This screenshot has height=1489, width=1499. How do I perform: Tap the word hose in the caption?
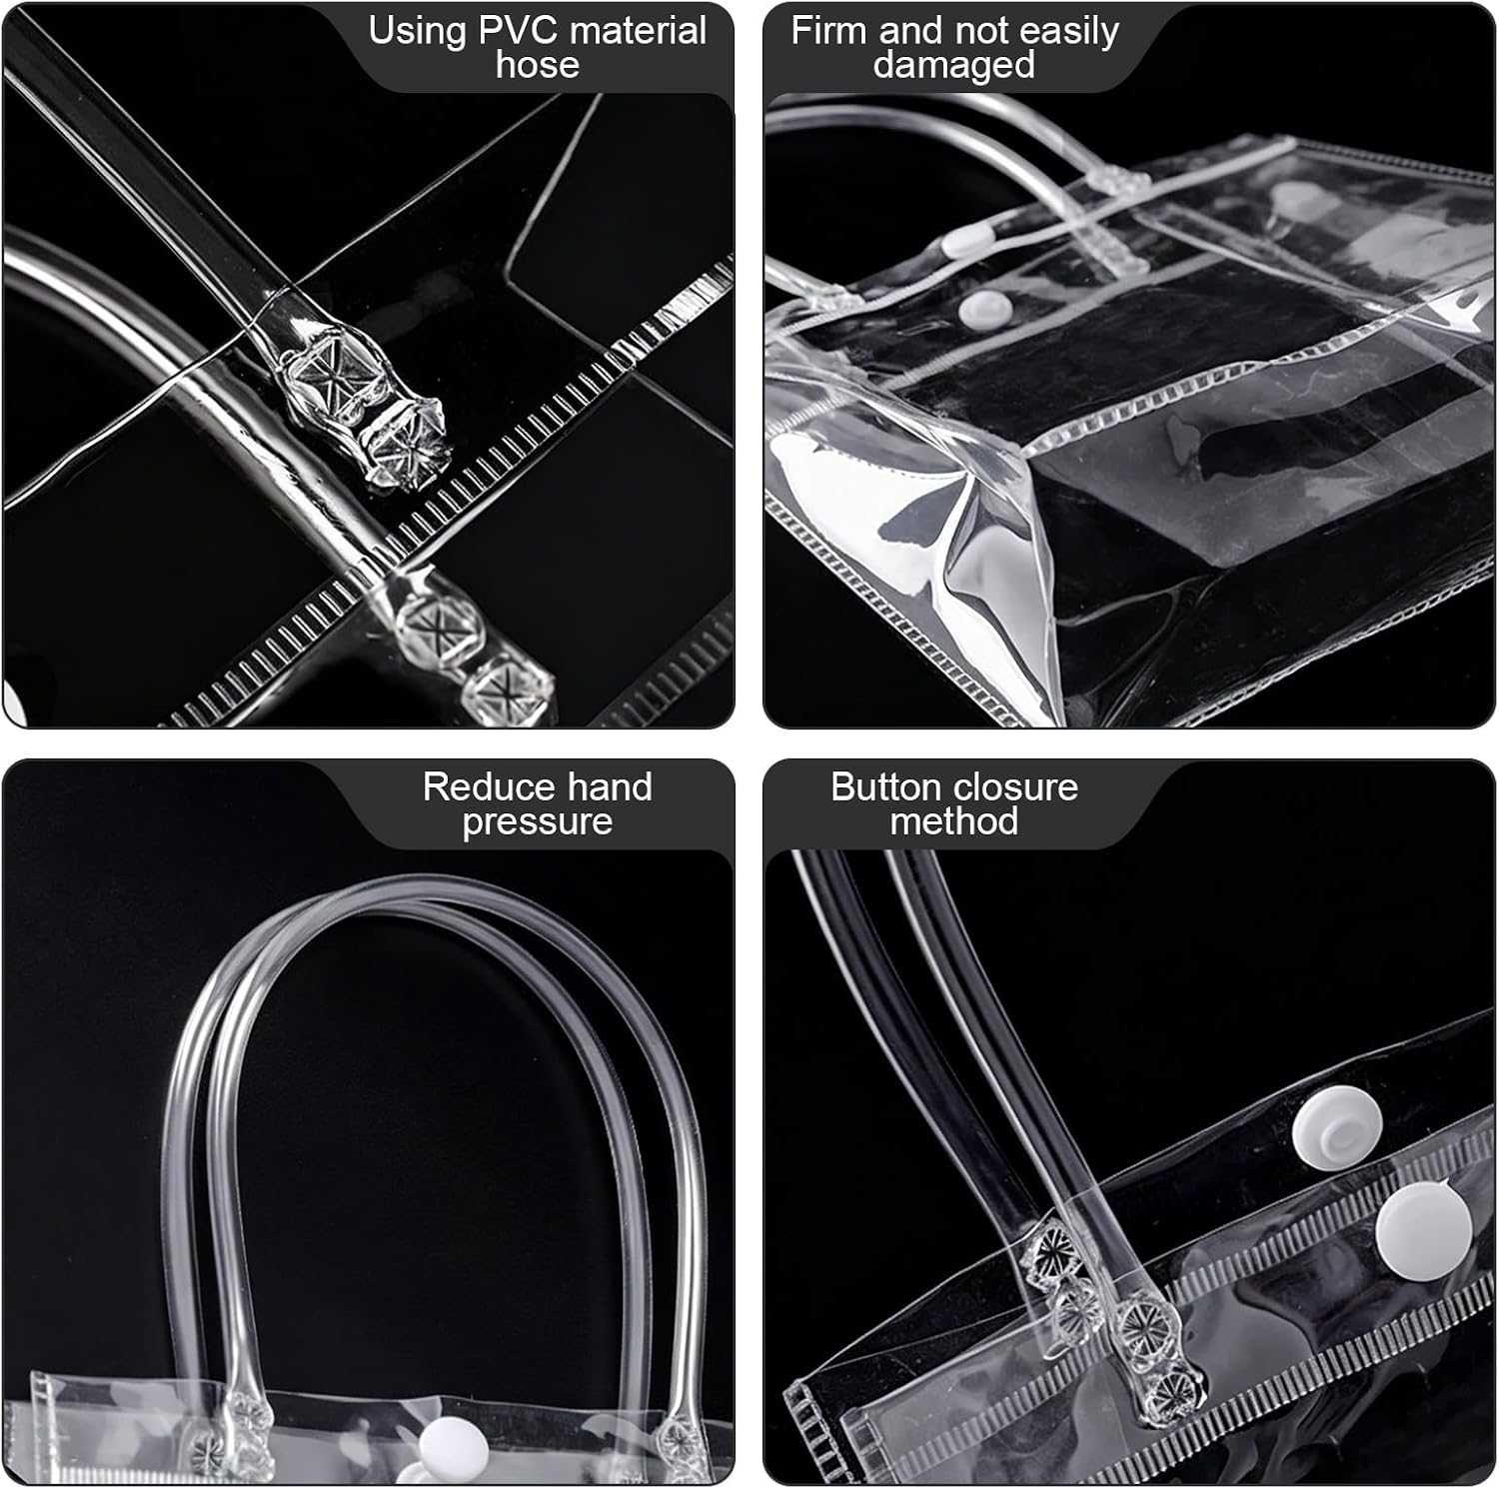pyautogui.click(x=538, y=65)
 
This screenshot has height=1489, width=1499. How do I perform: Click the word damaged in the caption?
pyautogui.click(x=954, y=66)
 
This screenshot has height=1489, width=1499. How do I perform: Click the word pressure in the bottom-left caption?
pyautogui.click(x=538, y=822)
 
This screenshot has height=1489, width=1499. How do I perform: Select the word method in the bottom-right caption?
pyautogui.click(x=954, y=821)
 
